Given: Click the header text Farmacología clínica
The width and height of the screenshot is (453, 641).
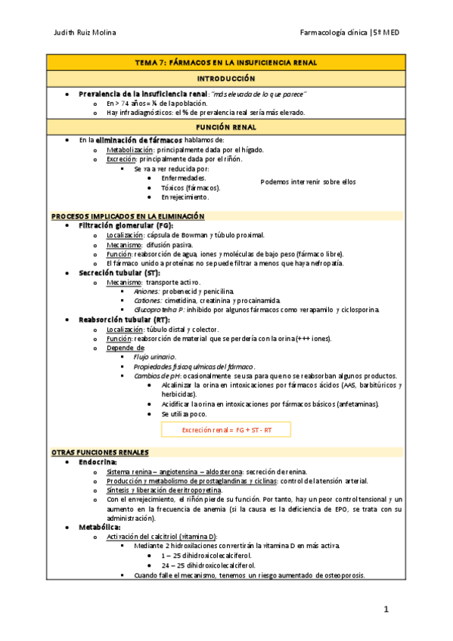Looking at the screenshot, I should [334, 33].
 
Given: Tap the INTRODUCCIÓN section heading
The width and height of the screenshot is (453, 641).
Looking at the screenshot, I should [225, 79].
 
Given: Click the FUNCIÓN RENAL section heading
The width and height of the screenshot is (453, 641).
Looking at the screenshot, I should [225, 128].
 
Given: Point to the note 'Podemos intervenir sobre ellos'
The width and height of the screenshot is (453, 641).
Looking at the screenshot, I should [307, 181].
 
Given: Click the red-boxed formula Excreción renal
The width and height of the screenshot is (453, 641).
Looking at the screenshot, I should [226, 429].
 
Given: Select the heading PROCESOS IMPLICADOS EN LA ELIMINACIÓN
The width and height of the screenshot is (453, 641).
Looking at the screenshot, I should [128, 216].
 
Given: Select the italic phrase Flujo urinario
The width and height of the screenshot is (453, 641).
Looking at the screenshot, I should [154, 357].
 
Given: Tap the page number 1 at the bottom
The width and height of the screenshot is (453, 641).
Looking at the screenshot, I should [385, 608].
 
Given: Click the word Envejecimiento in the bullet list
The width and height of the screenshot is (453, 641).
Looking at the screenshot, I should [185, 197].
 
